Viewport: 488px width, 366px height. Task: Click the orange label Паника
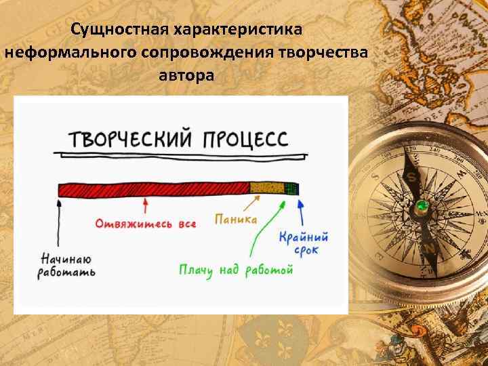click(236, 219)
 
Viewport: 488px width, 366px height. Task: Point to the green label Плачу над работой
click(236, 270)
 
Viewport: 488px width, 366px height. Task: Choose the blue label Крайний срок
click(304, 243)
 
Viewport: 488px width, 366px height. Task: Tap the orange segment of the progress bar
click(266, 188)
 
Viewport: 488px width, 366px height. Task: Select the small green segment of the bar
click(291, 188)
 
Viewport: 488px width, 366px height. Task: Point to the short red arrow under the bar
click(144, 205)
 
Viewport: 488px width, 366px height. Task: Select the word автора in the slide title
click(186, 75)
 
